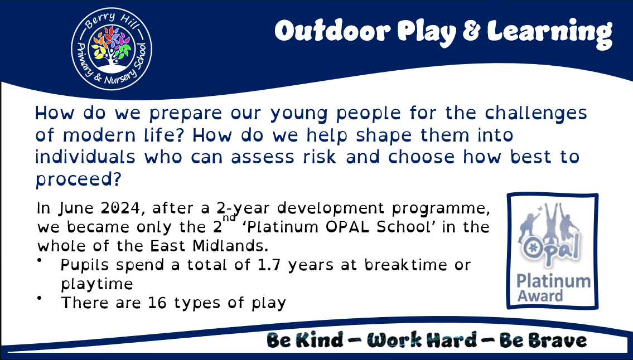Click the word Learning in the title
tap(549, 33)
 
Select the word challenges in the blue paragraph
tap(536, 114)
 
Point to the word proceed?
tap(78, 179)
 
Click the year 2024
tap(120, 208)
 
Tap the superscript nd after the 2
tap(229, 217)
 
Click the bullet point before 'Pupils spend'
tap(40, 261)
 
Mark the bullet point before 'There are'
tap(40, 298)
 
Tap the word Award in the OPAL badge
tap(540, 296)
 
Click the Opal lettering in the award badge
tap(550, 248)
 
